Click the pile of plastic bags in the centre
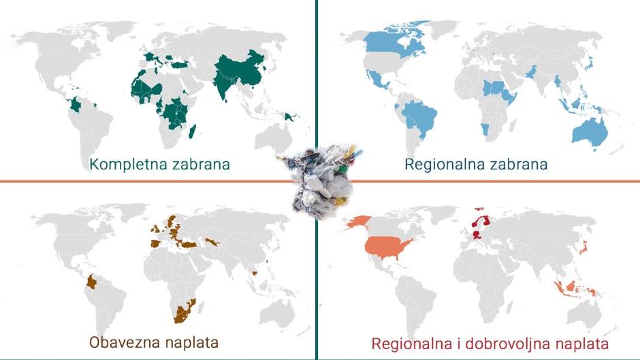[x=317, y=178]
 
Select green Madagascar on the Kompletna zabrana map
[x=194, y=128]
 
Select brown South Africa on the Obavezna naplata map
[x=182, y=314]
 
